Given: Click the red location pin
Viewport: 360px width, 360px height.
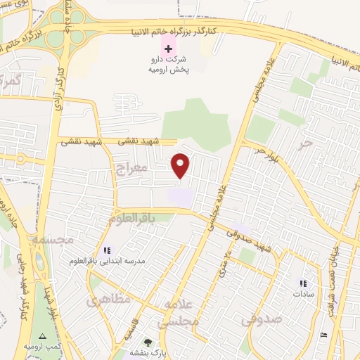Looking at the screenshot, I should pos(181,165).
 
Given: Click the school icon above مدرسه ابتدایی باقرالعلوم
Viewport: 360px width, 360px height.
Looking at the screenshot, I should pos(107,250).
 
